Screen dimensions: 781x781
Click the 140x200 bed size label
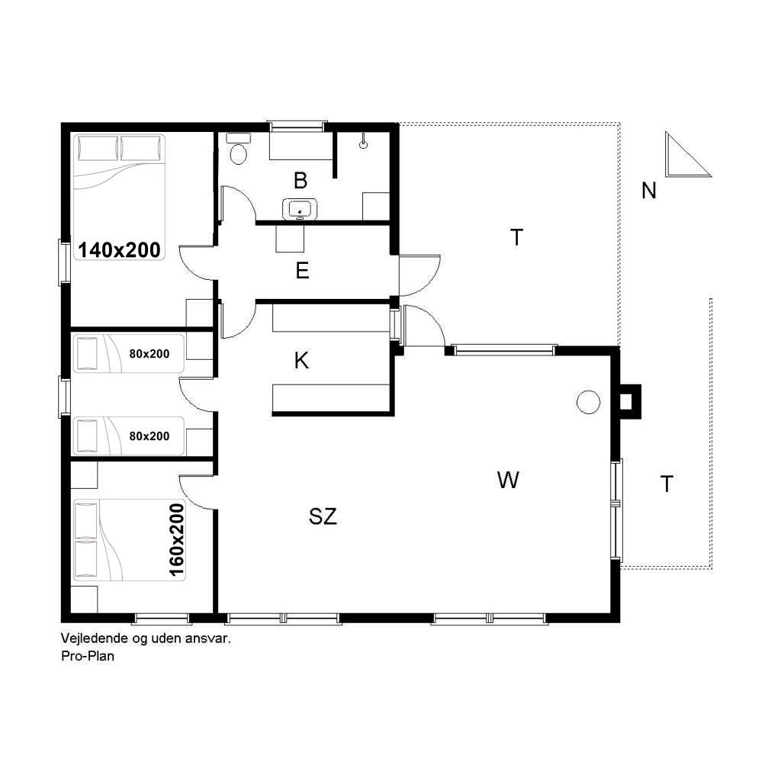pos(120,250)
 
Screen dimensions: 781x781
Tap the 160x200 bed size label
pos(177,540)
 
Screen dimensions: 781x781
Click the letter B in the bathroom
pos(301,181)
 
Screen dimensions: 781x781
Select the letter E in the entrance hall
pos(302,271)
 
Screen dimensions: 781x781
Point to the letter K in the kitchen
pos(301,360)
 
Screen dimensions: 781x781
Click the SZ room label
pos(323,516)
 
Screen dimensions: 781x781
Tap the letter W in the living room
pos(508,480)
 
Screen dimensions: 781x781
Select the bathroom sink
pos(299,209)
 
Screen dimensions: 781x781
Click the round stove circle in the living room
pos(588,401)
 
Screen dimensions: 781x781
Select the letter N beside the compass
pos(648,191)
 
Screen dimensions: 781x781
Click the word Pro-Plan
pos(88,656)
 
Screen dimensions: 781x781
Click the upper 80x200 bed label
pos(149,354)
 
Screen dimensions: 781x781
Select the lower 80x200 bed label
pos(149,436)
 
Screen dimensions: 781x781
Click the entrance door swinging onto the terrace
pos(419,275)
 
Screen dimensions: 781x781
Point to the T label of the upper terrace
pos(517,238)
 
